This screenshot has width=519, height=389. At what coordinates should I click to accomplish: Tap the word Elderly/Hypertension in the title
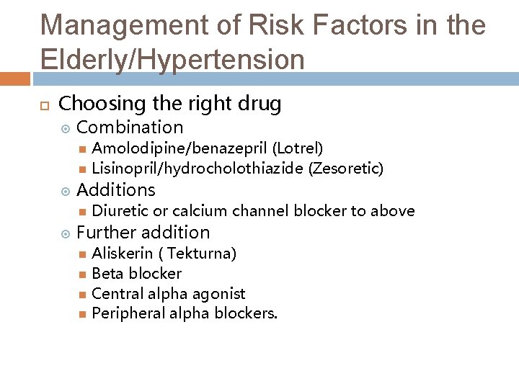coord(173,59)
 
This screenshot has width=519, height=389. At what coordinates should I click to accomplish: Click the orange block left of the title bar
coord(14,78)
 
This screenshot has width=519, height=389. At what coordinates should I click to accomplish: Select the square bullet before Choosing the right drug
coord(43,105)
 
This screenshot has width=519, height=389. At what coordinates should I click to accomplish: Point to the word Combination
coord(130,128)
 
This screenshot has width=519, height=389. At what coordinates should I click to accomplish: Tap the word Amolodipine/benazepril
coord(180,148)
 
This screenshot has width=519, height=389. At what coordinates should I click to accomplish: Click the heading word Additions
coord(115,190)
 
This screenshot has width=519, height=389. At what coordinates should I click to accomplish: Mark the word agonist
coord(220,294)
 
